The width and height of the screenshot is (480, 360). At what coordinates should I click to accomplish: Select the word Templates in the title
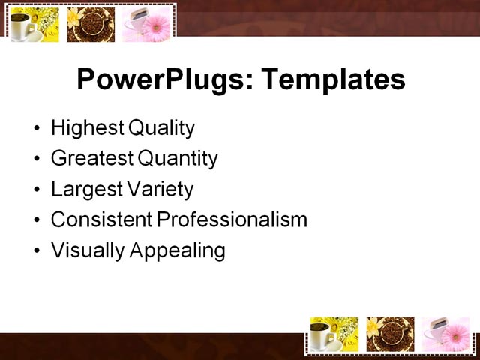(331, 79)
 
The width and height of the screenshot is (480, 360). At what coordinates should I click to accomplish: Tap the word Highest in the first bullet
(87, 128)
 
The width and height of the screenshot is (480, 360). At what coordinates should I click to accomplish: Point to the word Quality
(161, 128)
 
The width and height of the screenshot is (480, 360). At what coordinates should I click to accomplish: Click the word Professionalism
(232, 220)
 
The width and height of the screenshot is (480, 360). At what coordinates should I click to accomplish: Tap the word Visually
(88, 250)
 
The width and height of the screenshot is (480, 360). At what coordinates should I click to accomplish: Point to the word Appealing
(178, 250)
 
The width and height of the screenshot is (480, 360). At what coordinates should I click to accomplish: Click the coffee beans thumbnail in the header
(91, 25)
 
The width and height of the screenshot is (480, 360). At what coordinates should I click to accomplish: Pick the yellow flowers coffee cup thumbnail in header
(34, 25)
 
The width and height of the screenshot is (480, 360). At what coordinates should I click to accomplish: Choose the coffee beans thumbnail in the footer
(390, 334)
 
